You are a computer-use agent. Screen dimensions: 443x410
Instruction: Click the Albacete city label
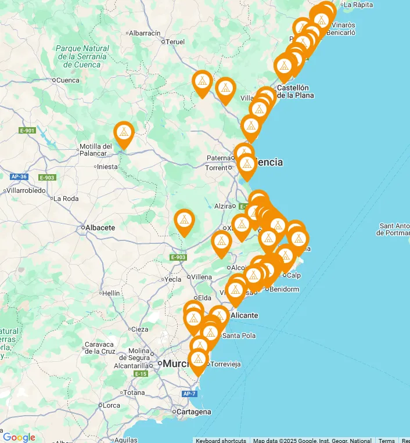[x=100, y=228]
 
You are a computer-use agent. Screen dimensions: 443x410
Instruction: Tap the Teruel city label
[x=175, y=42]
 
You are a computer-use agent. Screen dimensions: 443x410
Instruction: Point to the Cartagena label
[x=195, y=412]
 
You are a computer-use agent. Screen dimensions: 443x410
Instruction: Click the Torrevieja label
[x=226, y=364]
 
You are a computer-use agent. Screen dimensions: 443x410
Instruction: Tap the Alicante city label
[x=244, y=315]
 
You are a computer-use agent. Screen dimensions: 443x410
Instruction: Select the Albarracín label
[x=145, y=33]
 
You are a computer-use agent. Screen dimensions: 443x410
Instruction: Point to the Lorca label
[x=111, y=405]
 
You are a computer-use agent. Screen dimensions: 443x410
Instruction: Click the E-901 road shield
[x=27, y=131]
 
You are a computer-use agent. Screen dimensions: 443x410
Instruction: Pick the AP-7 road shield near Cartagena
[x=189, y=394]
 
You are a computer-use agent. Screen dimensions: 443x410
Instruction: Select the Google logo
[x=19, y=437]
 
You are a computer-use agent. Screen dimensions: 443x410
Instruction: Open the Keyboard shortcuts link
[x=221, y=440]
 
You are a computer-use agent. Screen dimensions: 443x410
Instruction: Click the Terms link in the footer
[x=387, y=440]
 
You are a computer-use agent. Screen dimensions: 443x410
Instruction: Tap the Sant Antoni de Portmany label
[x=394, y=229]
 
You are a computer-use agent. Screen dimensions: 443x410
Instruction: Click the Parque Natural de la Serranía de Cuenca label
[x=82, y=56]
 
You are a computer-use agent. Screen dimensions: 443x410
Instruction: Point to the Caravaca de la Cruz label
[x=100, y=348]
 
